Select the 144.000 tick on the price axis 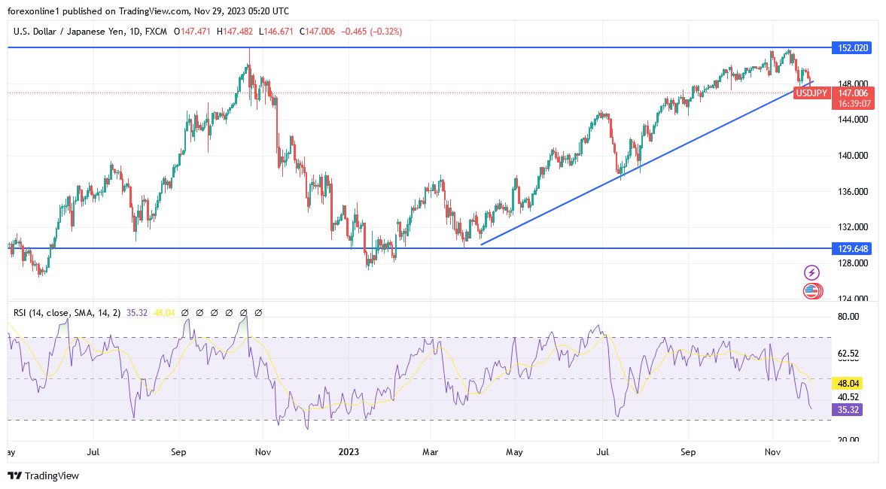853,120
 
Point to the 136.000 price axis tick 853,192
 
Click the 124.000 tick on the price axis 853,299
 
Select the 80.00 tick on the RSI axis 848,317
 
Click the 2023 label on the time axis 349,453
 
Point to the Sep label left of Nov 178,453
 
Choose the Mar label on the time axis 431,453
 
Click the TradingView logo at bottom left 43,475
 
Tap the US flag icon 811,290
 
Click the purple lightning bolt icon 811,272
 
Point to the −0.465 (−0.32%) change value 371,32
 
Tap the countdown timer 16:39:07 848,104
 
